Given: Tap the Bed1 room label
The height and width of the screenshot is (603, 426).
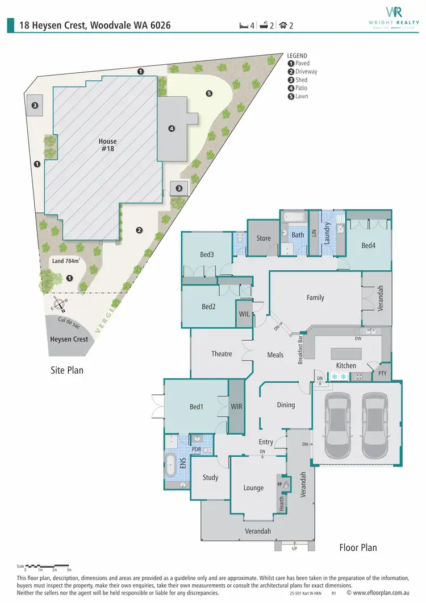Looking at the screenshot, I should [197, 407].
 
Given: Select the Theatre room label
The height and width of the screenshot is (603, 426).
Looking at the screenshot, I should [222, 354].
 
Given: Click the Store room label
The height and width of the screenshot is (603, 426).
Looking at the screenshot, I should [264, 238].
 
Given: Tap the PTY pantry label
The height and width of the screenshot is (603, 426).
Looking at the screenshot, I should [382, 374].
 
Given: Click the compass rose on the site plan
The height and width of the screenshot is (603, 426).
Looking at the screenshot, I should [59, 305].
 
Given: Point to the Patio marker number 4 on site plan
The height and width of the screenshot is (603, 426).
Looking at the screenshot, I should [172, 129].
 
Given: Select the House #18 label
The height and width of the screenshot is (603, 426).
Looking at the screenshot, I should [107, 145].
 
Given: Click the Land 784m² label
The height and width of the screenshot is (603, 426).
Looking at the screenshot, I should [66, 261].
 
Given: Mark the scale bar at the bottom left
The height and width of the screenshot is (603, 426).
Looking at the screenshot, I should [48, 567].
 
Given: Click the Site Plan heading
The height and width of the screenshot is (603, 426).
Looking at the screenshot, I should [67, 370].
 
